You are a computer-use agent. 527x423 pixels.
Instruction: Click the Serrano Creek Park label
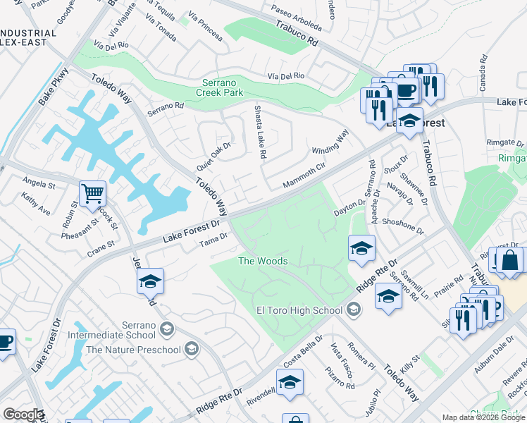click(x=219, y=87)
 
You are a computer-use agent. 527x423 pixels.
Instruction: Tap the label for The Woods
click(x=263, y=262)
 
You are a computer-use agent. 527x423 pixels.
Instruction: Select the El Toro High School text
click(x=301, y=309)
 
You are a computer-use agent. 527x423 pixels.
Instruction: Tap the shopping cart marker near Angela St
click(x=92, y=193)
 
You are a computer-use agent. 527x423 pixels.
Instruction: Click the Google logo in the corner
click(x=23, y=415)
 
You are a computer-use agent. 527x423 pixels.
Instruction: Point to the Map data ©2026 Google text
click(x=483, y=417)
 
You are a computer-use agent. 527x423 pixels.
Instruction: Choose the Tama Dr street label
click(x=213, y=240)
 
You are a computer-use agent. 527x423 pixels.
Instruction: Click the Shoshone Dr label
click(x=402, y=231)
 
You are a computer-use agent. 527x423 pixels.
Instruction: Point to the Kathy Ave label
click(x=35, y=205)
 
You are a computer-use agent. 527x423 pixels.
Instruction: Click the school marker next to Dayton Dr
click(x=361, y=248)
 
